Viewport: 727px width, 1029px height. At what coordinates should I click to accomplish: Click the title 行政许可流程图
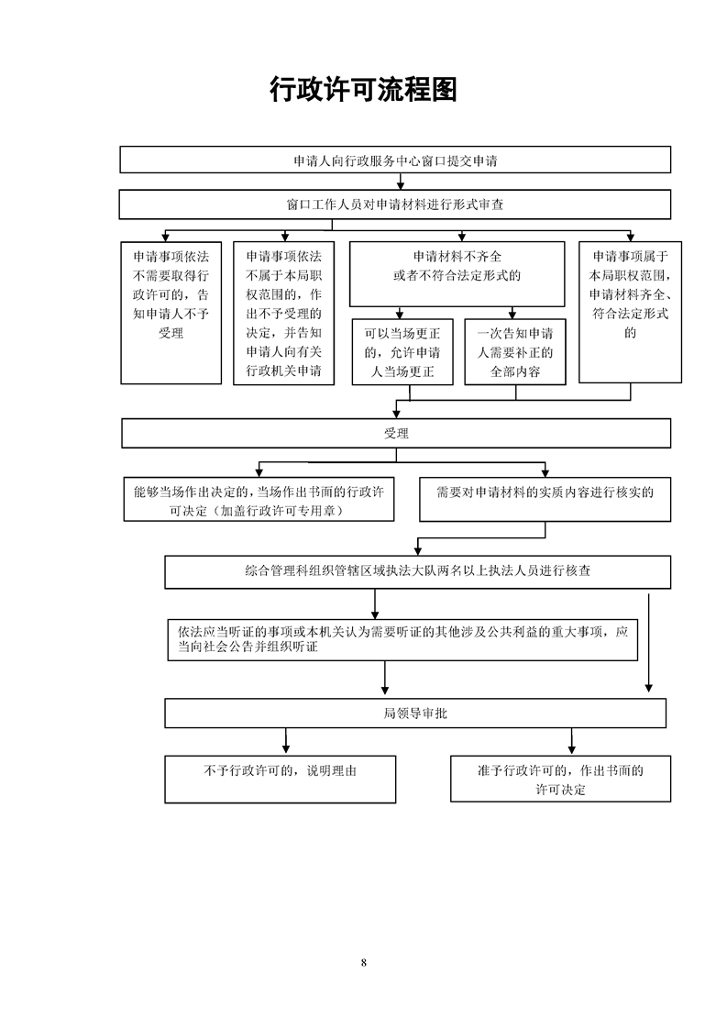tap(363, 89)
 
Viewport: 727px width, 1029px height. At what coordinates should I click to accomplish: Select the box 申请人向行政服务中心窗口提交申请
tap(395, 160)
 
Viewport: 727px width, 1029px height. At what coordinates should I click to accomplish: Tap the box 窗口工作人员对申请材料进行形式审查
tap(395, 205)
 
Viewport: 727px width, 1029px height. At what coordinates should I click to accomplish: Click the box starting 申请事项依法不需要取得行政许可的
tap(171, 313)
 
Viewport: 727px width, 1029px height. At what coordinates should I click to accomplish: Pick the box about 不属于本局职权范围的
tap(284, 313)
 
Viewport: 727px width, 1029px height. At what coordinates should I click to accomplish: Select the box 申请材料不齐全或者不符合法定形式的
tap(457, 274)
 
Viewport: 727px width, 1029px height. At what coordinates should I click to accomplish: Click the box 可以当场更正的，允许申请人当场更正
tap(402, 352)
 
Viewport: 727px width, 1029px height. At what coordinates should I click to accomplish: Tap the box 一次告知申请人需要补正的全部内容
tap(515, 352)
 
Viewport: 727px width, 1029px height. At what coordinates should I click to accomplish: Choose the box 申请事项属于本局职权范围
tap(630, 313)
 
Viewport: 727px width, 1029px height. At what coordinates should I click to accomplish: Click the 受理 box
tap(396, 433)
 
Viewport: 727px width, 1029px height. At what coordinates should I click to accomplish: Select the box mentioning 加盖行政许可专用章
tap(259, 500)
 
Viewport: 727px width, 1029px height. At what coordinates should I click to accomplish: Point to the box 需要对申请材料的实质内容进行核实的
tap(545, 500)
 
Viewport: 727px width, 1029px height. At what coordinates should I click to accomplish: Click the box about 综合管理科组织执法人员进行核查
tap(417, 571)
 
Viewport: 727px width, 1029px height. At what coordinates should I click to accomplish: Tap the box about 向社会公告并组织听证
tap(402, 640)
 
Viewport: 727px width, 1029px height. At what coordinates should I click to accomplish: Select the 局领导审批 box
tap(415, 714)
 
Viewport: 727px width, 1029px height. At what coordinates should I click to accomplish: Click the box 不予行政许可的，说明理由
tap(281, 779)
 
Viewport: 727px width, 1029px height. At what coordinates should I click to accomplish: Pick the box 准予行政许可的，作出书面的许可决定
tap(560, 779)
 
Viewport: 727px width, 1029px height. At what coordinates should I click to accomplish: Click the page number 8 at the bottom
tap(363, 963)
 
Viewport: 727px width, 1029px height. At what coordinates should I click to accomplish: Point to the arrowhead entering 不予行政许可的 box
tap(286, 749)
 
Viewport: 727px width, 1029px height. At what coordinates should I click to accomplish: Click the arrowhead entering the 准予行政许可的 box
tap(571, 749)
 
